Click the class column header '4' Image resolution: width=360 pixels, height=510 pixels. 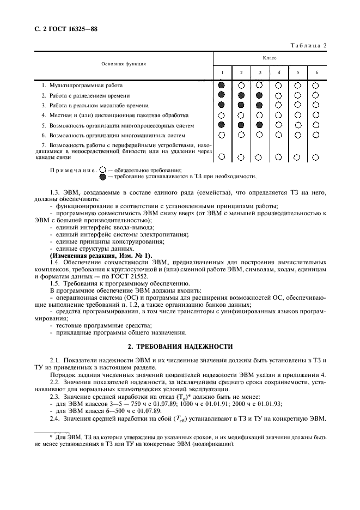279,72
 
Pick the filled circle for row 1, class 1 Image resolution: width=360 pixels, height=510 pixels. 221,86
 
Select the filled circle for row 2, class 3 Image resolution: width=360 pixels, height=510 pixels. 260,95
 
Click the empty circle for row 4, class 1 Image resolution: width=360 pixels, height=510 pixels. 221,116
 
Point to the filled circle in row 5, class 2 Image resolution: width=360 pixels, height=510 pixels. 241,125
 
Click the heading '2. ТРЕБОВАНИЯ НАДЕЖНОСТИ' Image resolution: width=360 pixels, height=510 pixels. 180,347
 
